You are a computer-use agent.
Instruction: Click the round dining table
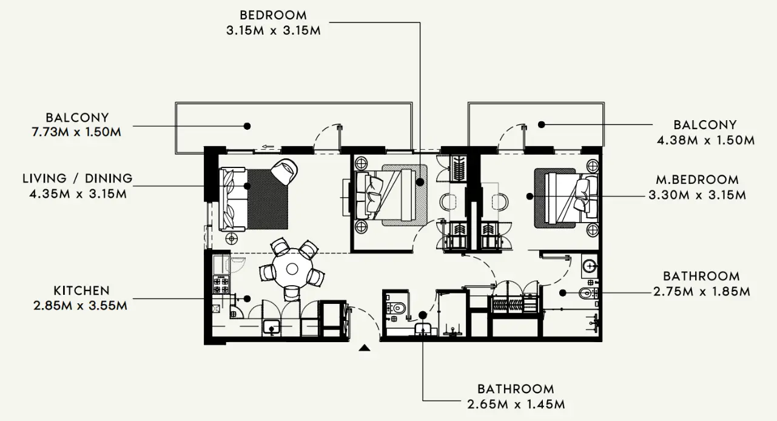coord(292,269)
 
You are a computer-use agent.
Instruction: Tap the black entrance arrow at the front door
coord(364,348)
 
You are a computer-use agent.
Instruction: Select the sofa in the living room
coord(234,198)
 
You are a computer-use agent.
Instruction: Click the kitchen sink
coord(272,328)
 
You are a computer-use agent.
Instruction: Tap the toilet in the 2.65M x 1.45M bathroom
coord(397,308)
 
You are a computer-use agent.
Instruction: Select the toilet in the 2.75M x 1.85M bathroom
coord(585,294)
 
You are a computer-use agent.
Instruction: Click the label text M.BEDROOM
coord(697,180)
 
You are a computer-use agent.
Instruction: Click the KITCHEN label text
coord(81,291)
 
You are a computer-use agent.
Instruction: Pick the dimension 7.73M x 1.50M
coord(77,132)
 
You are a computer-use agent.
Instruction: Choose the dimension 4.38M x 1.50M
coord(705,140)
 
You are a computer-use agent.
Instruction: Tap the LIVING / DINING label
coord(77,178)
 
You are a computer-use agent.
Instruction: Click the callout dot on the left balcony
coord(247,126)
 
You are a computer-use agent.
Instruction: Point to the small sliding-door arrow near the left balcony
coord(269,146)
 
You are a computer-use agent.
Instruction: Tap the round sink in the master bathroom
coord(590,264)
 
